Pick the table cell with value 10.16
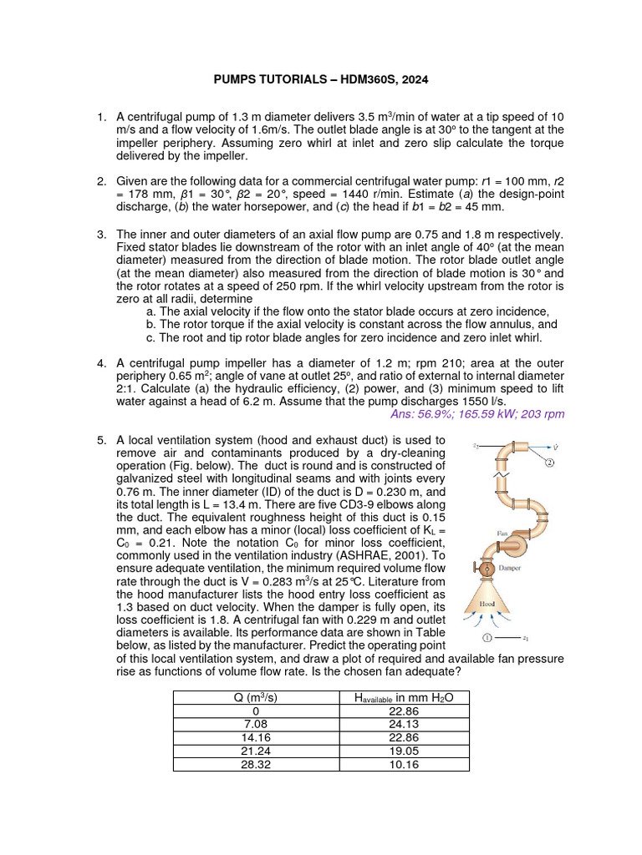click(405, 763)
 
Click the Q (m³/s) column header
click(257, 697)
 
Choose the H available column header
click(405, 697)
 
